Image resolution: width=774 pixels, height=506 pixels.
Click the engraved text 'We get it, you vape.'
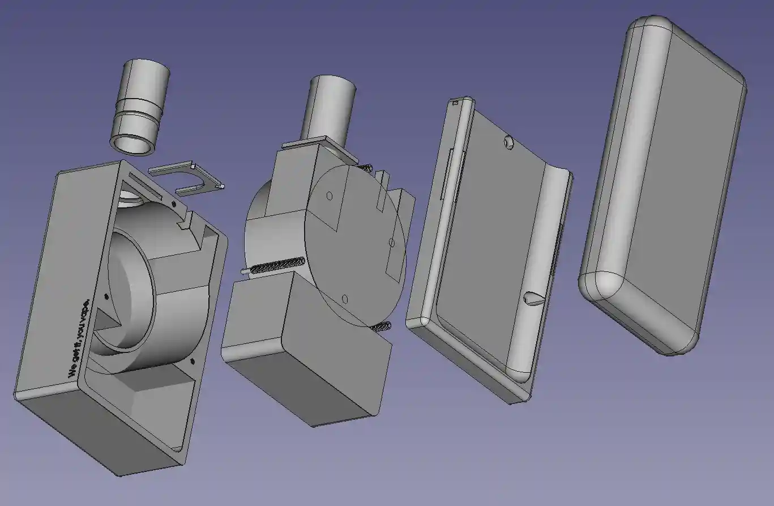click(x=79, y=337)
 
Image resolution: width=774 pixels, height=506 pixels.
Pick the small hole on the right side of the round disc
click(x=392, y=243)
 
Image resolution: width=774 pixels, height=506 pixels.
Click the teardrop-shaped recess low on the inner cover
click(x=533, y=297)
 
